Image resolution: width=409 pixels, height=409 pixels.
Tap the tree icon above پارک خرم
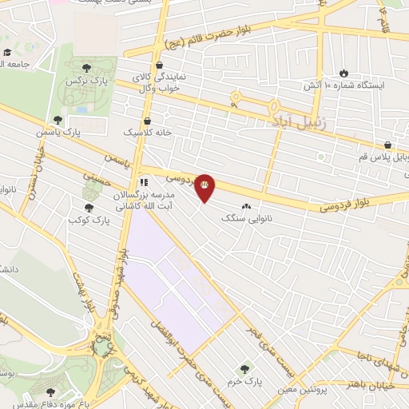pos(245,369)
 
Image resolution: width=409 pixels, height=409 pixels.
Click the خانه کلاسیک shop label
pos(146,131)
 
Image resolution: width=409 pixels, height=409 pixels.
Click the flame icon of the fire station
pos(344,72)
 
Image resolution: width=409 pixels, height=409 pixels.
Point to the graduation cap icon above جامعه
pos(8,52)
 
